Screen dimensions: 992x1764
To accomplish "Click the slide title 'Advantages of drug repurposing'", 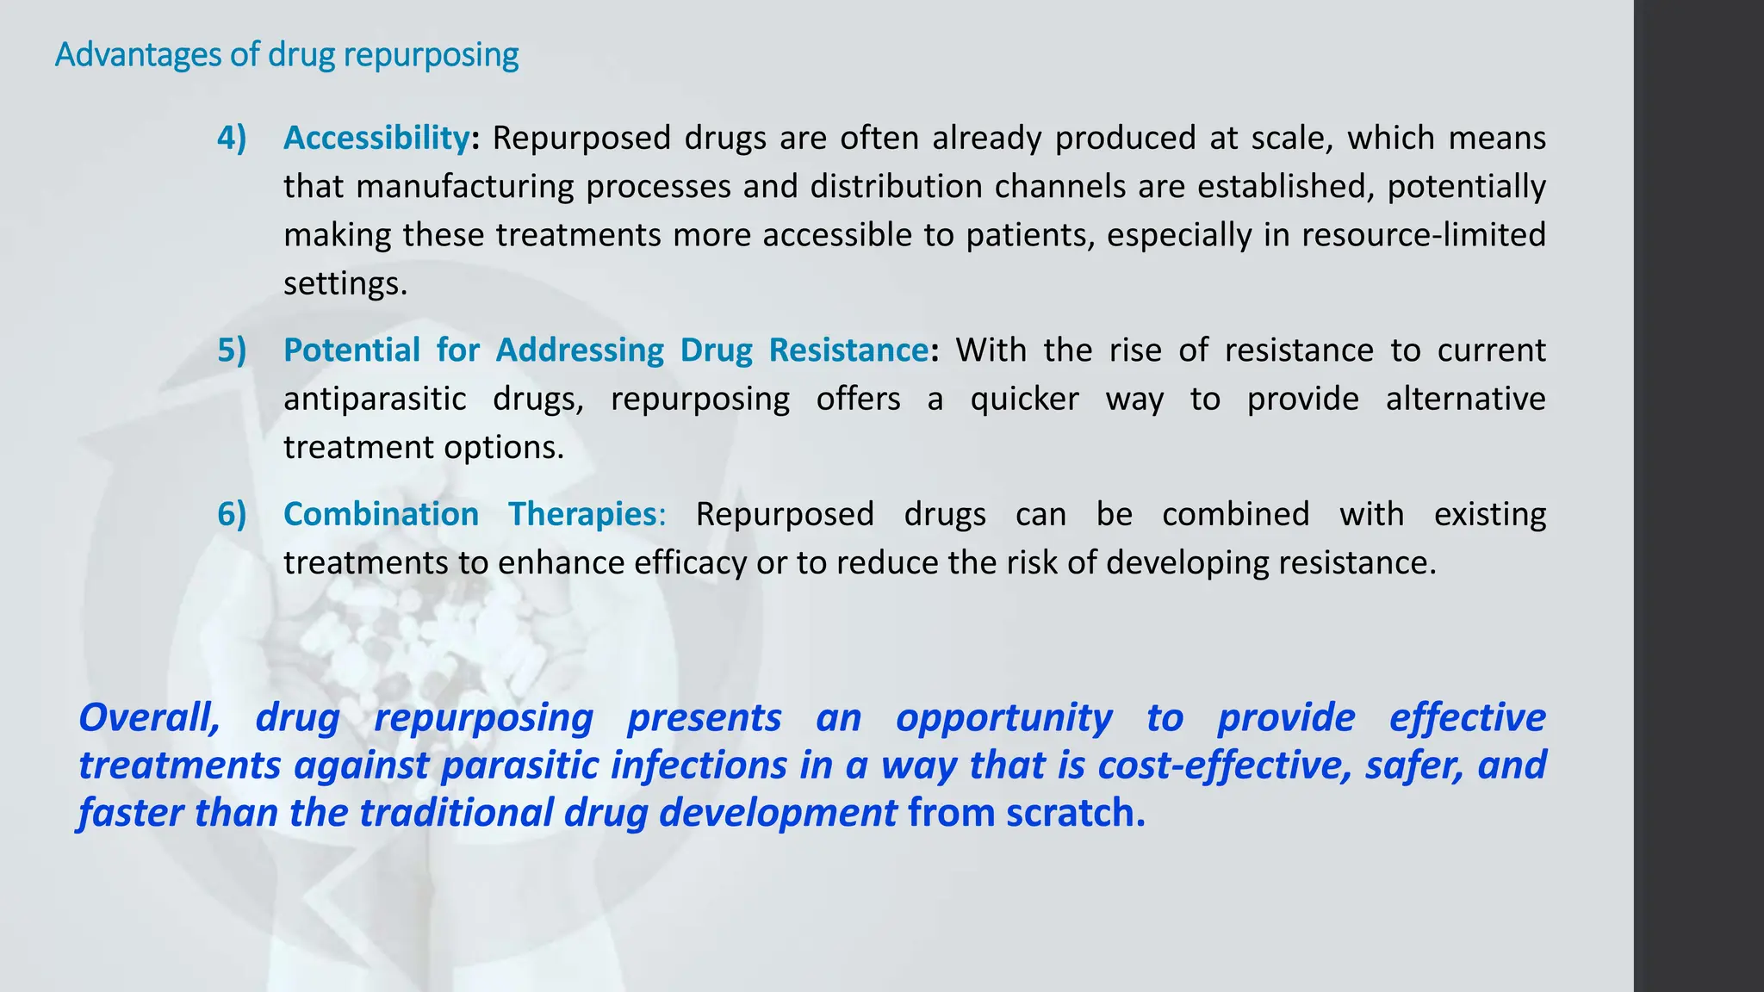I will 287,55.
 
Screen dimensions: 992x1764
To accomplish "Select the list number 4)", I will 232,138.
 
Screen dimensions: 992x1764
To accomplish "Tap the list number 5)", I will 232,350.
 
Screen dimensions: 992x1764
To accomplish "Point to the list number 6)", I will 232,514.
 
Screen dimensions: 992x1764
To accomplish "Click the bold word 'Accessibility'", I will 376,138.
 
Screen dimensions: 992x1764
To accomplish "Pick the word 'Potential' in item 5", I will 351,350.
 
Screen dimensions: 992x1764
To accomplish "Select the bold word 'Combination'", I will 381,514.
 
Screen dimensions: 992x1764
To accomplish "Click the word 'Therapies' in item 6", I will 583,514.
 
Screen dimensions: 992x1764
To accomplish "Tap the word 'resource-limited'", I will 1424,235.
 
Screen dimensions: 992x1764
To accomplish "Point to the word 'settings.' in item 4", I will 345,283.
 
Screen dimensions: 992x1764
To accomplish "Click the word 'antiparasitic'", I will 375,399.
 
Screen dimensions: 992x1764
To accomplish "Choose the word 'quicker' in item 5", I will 1024,399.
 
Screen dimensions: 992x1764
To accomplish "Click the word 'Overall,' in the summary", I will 149,717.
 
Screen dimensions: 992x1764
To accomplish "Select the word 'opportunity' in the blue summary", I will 1004,717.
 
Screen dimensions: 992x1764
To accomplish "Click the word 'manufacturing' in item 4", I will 465,187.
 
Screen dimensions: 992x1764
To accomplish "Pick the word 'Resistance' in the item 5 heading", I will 848,350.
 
